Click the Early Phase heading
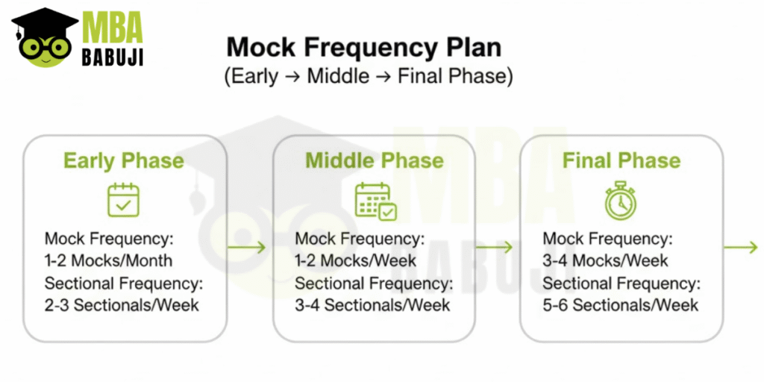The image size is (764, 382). tap(123, 161)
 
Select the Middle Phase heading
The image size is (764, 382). tap(374, 161)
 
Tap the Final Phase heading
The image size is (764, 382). tap(621, 161)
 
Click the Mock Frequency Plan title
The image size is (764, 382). tap(364, 48)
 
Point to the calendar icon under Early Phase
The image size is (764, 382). tap(123, 199)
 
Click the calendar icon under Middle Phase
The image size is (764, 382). tap(375, 201)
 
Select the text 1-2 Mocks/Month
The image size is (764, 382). tap(109, 261)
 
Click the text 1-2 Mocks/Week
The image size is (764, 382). tap(356, 261)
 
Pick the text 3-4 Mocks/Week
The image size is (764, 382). tap(605, 261)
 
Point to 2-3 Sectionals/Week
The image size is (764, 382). tap(122, 305)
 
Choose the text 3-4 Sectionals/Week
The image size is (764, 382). tap(372, 305)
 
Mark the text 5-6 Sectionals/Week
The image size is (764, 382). tap(620, 305)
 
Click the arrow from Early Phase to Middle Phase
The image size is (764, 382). tap(248, 248)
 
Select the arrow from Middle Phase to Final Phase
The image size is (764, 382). tap(495, 248)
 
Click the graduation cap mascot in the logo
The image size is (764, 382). tap(44, 37)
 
